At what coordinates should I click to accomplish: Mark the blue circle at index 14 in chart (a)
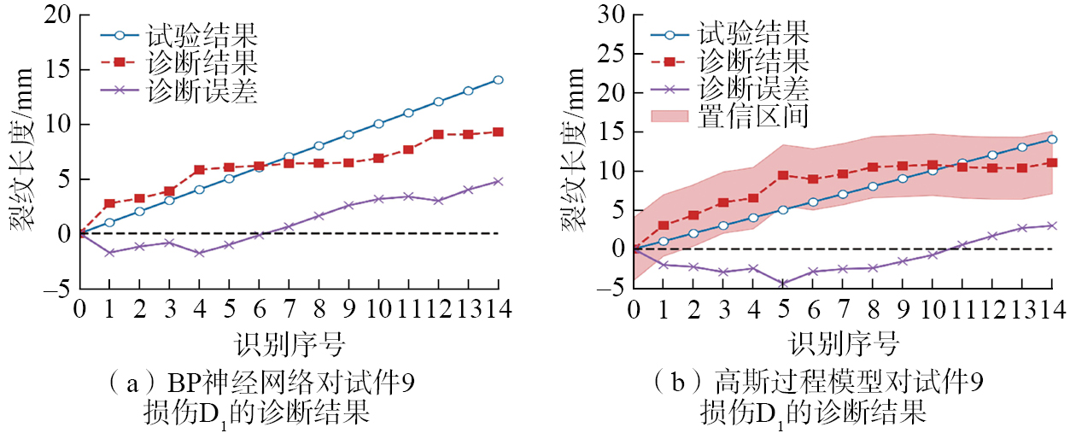coord(498,80)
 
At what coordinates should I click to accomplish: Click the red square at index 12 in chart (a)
coord(438,134)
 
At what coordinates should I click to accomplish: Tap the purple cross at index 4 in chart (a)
coord(199,253)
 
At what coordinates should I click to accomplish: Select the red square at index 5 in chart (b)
coord(782,175)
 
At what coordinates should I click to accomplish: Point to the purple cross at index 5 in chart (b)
coord(782,283)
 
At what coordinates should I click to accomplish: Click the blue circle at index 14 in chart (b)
coord(1053,139)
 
